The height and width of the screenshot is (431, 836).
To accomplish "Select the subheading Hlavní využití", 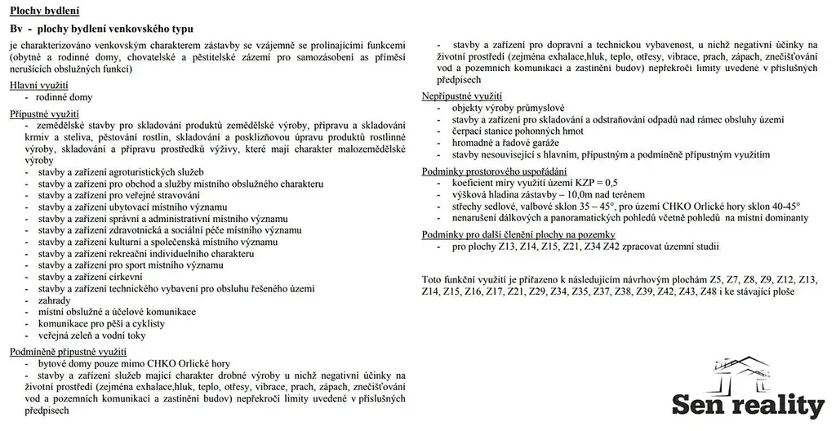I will click(x=39, y=85).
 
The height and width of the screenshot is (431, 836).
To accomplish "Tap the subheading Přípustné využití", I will click(x=45, y=113).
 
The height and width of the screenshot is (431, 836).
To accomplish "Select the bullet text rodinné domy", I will click(x=64, y=97).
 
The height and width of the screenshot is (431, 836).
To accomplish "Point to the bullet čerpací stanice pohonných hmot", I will click(x=518, y=131).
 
